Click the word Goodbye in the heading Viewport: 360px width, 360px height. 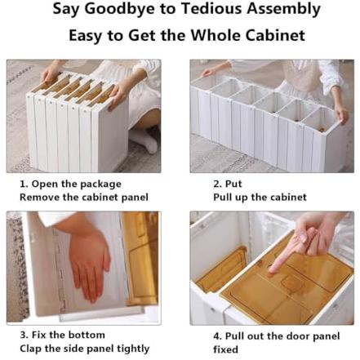pos(120,9)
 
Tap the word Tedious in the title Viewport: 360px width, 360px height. pos(211,8)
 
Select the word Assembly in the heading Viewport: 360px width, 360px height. pos(283,9)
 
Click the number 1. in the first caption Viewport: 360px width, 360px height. pos(24,184)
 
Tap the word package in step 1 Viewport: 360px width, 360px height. pos(100,184)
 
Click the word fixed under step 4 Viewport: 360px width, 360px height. pos(225,349)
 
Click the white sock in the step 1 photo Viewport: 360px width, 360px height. pos(144,140)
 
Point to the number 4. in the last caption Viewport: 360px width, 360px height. pos(218,336)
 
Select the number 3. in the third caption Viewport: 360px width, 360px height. pos(24,335)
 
